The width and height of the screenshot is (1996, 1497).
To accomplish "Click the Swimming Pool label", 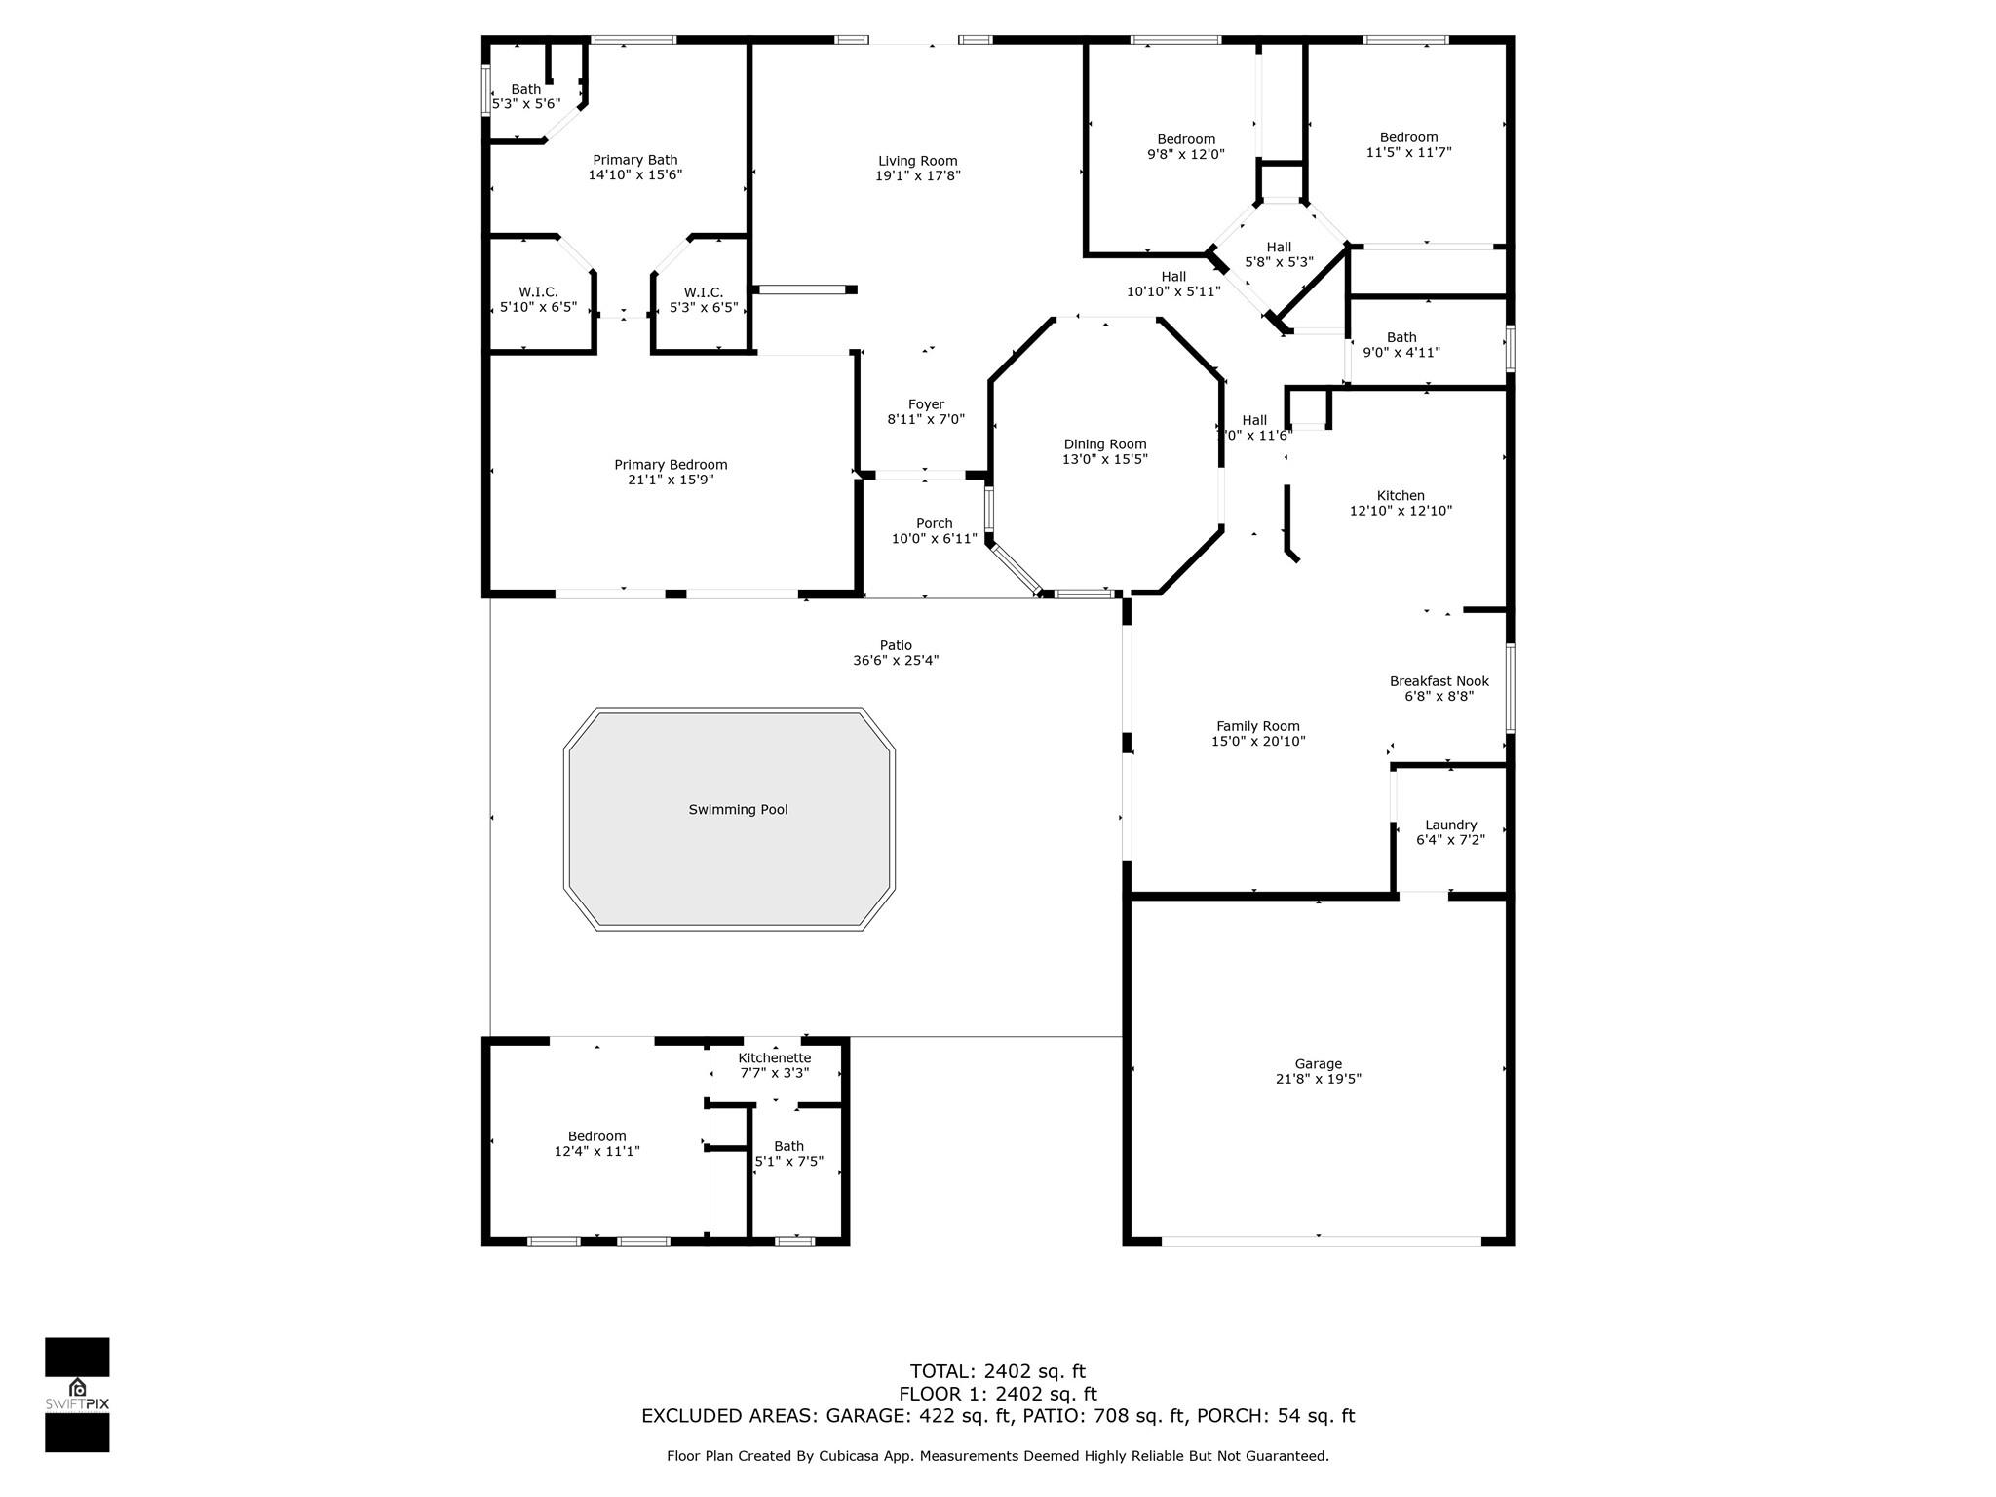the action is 738,810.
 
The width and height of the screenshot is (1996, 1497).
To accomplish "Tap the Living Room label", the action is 917,162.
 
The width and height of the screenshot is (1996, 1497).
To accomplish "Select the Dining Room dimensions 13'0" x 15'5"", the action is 1105,459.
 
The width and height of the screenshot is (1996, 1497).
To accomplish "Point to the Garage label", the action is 1318,1064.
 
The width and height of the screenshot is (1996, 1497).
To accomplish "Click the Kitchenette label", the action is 774,1058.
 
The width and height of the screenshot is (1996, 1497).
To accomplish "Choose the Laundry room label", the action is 1450,825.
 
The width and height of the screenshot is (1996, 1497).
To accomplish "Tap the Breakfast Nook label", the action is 1439,682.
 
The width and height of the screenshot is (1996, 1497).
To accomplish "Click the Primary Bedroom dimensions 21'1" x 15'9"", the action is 671,480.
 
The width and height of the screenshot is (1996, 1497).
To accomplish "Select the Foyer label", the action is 926,405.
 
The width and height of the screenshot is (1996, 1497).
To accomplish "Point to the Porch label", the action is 934,524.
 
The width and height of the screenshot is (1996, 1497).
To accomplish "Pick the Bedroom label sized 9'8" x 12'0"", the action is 1186,140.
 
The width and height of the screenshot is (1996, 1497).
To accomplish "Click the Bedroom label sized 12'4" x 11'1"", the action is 596,1137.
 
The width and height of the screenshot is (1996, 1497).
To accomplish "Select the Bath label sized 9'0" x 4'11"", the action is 1401,338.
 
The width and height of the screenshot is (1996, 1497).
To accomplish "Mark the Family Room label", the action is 1257,727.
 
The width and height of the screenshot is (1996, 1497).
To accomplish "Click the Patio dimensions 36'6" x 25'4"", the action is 896,661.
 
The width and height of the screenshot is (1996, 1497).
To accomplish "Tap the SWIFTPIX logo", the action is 77,1395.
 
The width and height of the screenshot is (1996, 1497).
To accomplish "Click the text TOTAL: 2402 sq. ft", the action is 997,1372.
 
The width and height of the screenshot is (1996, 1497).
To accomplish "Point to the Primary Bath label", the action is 634,161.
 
